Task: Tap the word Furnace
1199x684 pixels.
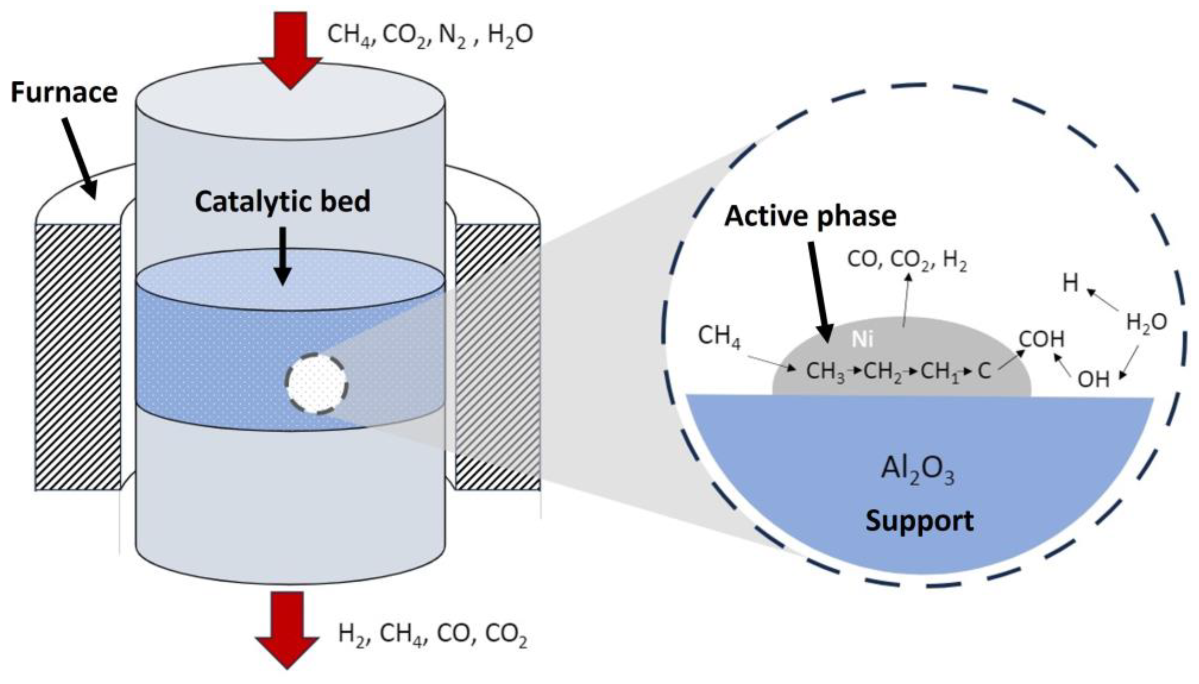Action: [x=64, y=93]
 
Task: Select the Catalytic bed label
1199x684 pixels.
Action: [x=282, y=202]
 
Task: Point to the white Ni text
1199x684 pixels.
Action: [x=862, y=340]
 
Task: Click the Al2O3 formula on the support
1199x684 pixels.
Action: [x=917, y=470]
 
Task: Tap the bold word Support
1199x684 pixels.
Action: [x=919, y=521]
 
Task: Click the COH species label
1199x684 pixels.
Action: [x=1041, y=339]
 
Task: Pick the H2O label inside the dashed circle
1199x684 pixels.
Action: [x=1146, y=323]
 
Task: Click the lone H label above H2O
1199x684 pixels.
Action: [x=1070, y=284]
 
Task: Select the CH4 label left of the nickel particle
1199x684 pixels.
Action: [x=718, y=336]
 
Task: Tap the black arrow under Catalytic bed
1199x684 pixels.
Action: [x=282, y=256]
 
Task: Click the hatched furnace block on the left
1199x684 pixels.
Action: [x=78, y=357]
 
